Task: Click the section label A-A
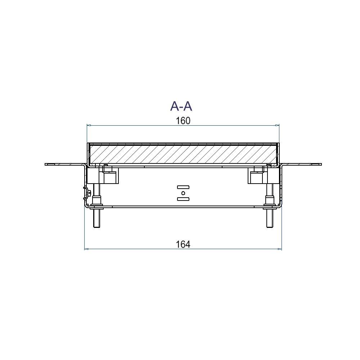coord(181,106)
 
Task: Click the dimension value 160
coord(183,121)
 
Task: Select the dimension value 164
coord(183,244)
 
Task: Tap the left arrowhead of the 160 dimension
coord(89,125)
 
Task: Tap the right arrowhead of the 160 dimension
coord(277,125)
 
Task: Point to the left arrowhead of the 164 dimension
coord(86,249)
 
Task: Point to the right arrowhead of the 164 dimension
coord(280,249)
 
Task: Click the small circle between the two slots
coord(183,193)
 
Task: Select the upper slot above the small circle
coord(183,187)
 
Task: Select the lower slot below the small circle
coord(183,199)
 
